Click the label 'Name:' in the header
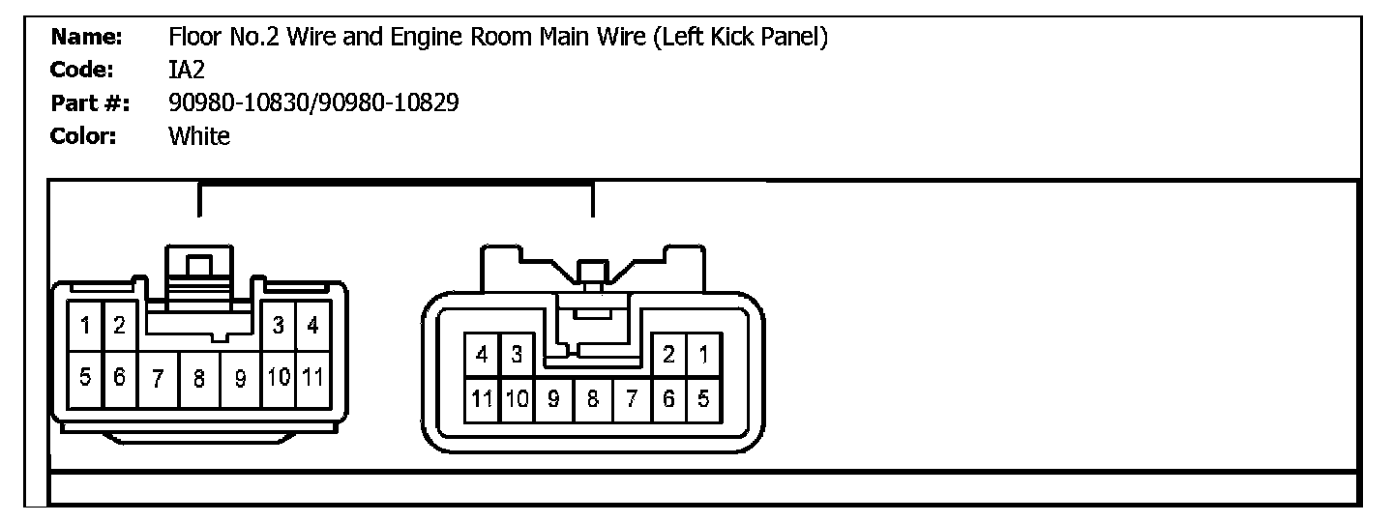(86, 38)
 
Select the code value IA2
(186, 71)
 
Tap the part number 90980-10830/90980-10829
(313, 103)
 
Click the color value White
(199, 136)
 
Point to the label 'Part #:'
(91, 103)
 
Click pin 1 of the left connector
(85, 326)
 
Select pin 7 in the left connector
(157, 378)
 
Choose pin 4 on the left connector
(312, 326)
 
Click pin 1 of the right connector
(703, 355)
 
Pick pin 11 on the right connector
(481, 397)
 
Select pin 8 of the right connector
(592, 397)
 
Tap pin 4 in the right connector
(481, 355)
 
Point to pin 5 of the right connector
(703, 397)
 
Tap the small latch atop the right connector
(592, 274)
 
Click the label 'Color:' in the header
(83, 136)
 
